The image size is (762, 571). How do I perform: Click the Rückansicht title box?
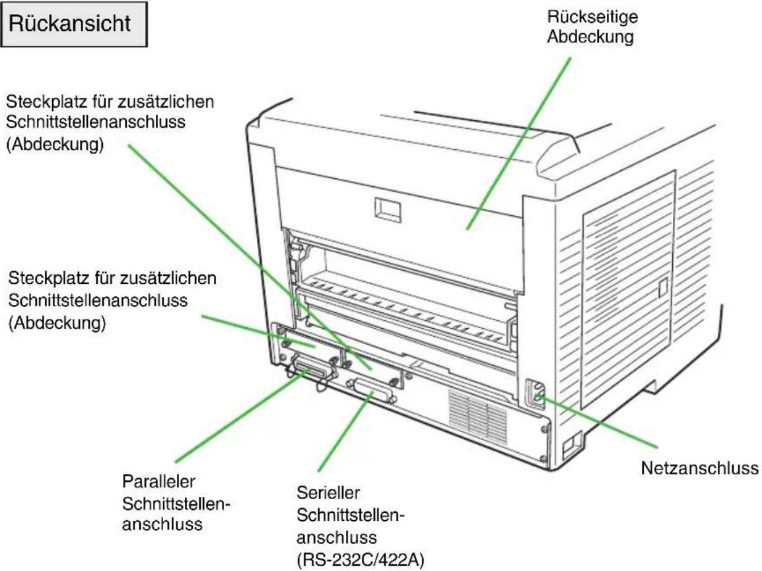tap(74, 24)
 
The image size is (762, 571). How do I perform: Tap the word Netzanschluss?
tap(699, 468)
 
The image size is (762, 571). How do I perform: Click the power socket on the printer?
tap(536, 393)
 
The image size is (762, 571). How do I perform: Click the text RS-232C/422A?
tap(360, 560)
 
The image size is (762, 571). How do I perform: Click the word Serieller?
tap(328, 492)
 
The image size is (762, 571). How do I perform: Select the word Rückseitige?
tap(592, 17)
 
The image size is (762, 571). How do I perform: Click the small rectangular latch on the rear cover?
tap(388, 209)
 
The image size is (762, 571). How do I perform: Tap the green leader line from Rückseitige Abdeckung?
tap(518, 143)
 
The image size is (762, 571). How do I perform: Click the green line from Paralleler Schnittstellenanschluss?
tap(242, 416)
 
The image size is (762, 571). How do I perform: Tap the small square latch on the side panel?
tap(662, 288)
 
